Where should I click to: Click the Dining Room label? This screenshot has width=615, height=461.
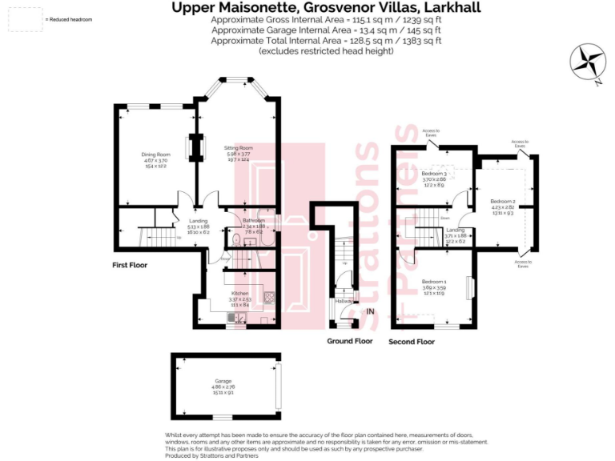[x=156, y=154]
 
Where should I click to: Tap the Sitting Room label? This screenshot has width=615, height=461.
[x=239, y=148]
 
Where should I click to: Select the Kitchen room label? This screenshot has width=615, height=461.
[x=240, y=295]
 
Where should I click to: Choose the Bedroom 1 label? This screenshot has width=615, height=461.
[x=433, y=282]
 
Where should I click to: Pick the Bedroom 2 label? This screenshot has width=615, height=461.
[x=502, y=201]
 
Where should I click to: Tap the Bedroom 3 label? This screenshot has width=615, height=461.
[x=433, y=174]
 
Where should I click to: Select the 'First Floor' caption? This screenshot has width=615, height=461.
[x=130, y=264]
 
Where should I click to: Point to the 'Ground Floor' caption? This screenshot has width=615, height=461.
[x=350, y=341]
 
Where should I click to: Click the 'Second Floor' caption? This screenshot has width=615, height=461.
[x=412, y=342]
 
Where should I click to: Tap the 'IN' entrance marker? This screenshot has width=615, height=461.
[x=370, y=311]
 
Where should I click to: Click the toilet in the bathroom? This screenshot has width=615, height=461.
[x=231, y=238]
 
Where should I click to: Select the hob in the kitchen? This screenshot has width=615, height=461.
[x=269, y=302]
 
